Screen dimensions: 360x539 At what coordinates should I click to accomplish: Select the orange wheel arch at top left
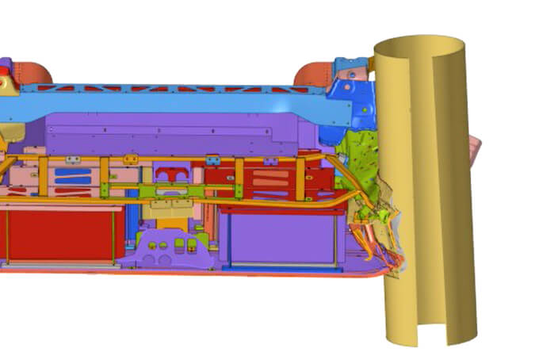pyautogui.click(x=32, y=72)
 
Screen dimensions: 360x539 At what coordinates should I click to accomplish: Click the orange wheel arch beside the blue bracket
pyautogui.click(x=312, y=75)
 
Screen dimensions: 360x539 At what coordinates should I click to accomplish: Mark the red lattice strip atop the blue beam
pyautogui.click(x=159, y=88)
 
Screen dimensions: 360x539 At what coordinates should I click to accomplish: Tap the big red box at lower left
pyautogui.click(x=59, y=234)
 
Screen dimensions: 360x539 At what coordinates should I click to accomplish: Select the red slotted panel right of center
pyautogui.click(x=269, y=181)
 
